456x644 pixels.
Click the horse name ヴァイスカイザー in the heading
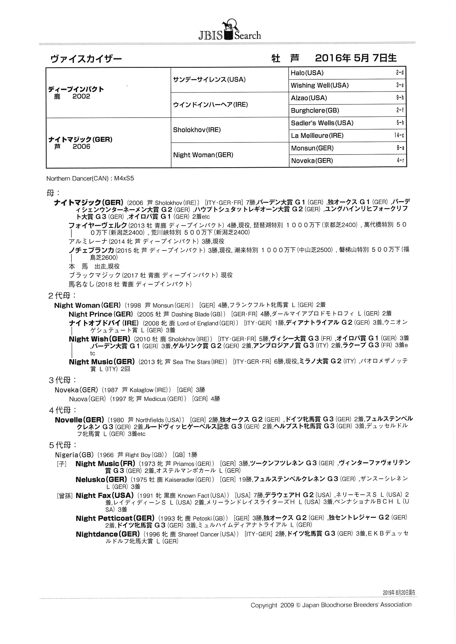[86, 59]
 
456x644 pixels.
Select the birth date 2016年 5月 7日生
[356, 58]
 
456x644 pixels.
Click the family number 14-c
[399, 136]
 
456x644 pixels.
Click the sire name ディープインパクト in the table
[76, 90]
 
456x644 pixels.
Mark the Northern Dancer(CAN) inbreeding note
[90, 179]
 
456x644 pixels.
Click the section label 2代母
[62, 295]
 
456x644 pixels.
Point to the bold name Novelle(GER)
[79, 420]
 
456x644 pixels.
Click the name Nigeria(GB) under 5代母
[76, 455]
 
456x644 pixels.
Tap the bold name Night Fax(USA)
[104, 496]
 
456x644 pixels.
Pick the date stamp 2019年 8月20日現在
[399, 592]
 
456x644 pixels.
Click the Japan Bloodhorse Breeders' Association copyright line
[331, 605]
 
